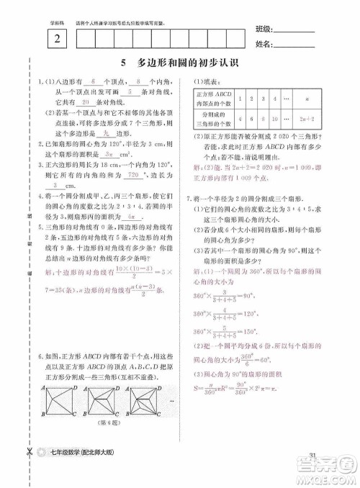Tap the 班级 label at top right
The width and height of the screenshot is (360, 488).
pyautogui.click(x=264, y=30)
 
